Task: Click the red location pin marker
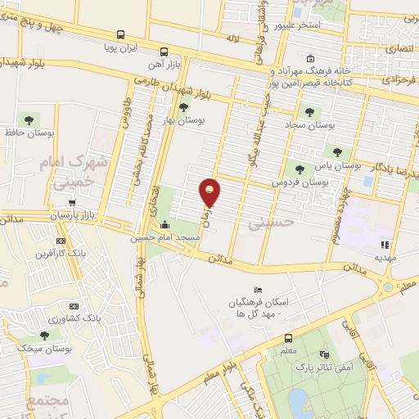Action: (x=210, y=192)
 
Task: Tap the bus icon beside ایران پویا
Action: (x=121, y=34)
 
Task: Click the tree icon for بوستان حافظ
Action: (x=29, y=120)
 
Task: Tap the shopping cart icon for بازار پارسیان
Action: (x=72, y=203)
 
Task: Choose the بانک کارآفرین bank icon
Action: (x=60, y=241)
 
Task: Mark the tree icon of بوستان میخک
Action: (x=43, y=336)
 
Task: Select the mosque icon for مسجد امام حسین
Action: (x=166, y=226)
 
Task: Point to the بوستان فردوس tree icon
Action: (x=299, y=169)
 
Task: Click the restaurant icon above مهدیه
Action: (x=384, y=243)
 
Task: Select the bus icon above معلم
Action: (x=288, y=338)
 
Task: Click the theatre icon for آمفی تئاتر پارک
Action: (x=324, y=355)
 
